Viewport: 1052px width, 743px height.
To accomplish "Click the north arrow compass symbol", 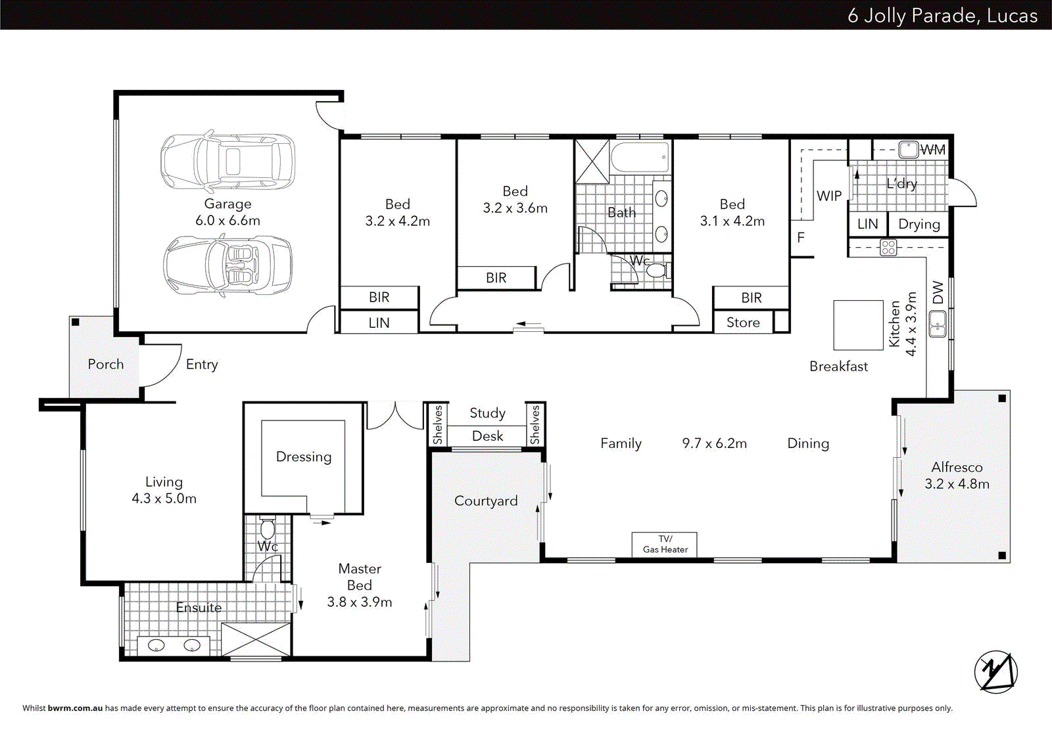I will (995, 671).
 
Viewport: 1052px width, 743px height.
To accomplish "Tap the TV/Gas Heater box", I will (664, 545).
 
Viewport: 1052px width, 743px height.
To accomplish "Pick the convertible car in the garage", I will (227, 265).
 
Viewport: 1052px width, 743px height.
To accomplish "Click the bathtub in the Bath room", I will (639, 158).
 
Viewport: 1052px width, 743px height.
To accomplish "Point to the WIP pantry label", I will (828, 196).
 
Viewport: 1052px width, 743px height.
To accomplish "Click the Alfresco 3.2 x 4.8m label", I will (957, 476).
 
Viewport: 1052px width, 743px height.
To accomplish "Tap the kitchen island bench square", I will (858, 325).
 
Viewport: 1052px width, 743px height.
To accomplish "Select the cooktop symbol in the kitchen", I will (888, 248).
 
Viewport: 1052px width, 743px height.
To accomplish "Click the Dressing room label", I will (304, 457).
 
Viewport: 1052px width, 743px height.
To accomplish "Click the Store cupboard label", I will (743, 323).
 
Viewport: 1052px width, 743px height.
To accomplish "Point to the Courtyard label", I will (486, 501).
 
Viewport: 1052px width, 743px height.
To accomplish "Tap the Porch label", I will (105, 364).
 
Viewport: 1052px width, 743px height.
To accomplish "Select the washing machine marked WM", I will (909, 149).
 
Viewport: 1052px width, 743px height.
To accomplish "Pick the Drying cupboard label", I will (919, 224).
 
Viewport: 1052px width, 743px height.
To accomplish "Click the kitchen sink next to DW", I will (938, 324).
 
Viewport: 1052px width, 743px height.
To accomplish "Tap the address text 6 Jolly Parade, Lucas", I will (942, 15).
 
